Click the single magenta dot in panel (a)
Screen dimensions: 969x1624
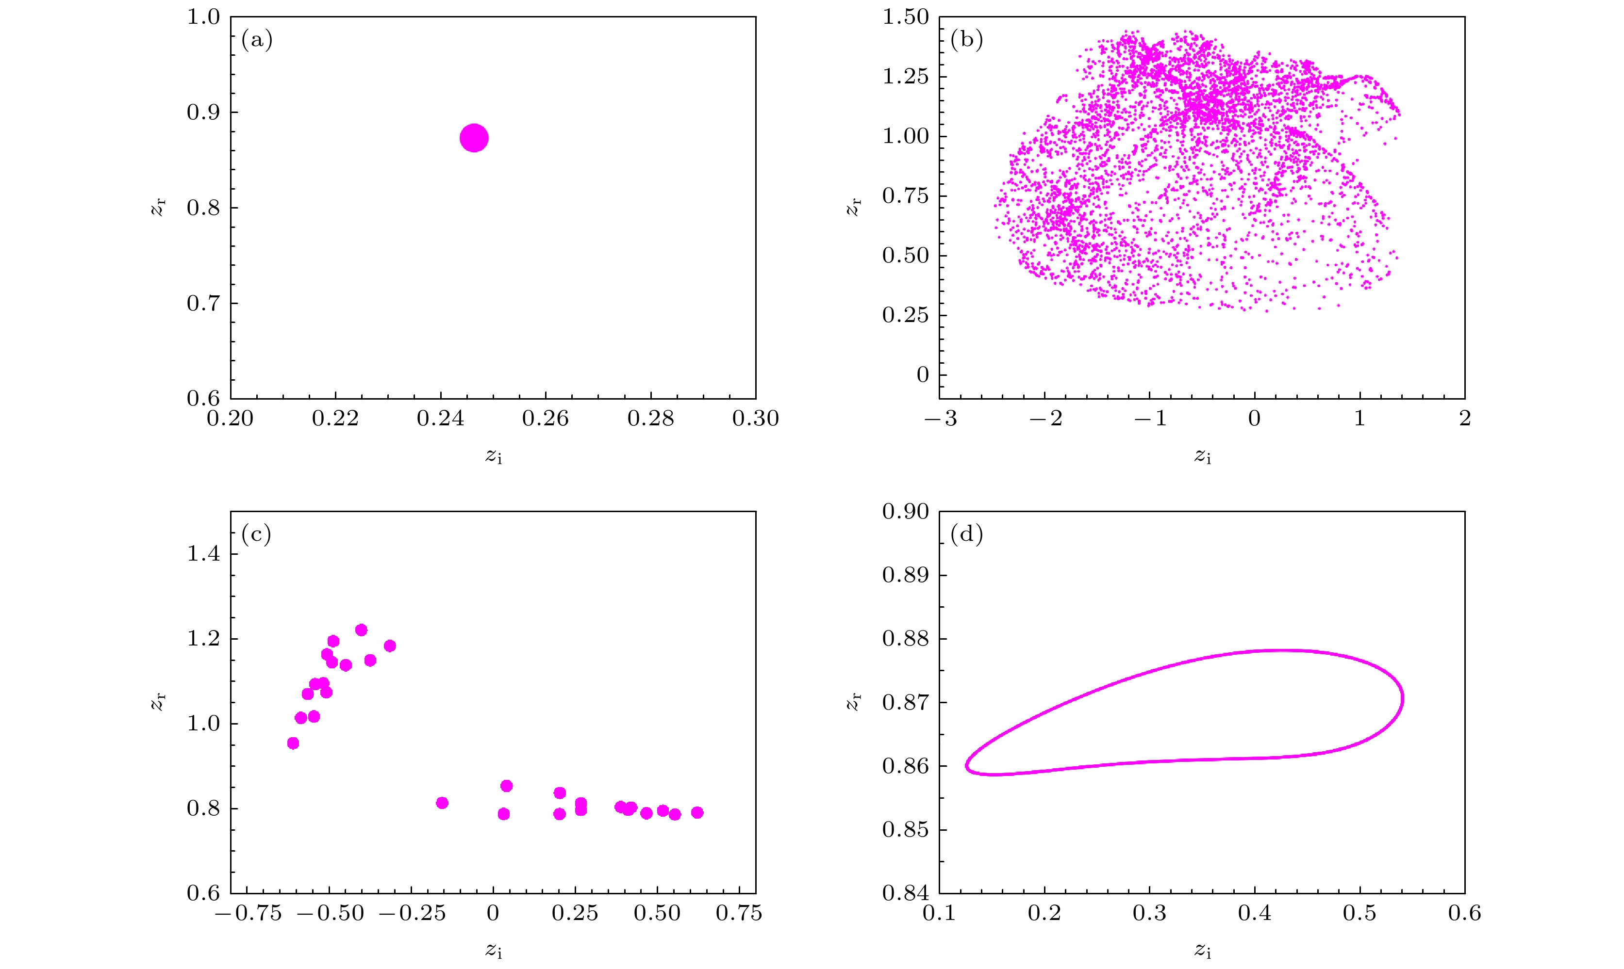pyautogui.click(x=474, y=138)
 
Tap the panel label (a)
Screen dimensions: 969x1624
pyautogui.click(x=257, y=40)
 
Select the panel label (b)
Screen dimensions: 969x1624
pyautogui.click(x=966, y=40)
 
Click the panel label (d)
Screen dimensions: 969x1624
pyautogui.click(x=966, y=535)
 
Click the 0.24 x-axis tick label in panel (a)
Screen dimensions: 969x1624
pyautogui.click(x=440, y=419)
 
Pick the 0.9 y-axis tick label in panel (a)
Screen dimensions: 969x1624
pyautogui.click(x=203, y=113)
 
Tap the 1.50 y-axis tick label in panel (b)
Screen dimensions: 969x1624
pyautogui.click(x=905, y=17)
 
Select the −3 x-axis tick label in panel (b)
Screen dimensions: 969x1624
pyautogui.click(x=941, y=419)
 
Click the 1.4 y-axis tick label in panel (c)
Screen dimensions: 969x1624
pyautogui.click(x=203, y=554)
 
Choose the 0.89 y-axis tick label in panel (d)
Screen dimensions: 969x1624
pyautogui.click(x=905, y=575)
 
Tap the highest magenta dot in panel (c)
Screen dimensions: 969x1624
pyautogui.click(x=361, y=630)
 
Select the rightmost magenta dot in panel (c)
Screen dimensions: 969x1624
pyautogui.click(x=697, y=812)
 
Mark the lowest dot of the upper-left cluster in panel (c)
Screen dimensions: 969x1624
pyautogui.click(x=293, y=743)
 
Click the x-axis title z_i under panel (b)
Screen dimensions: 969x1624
pyautogui.click(x=1203, y=456)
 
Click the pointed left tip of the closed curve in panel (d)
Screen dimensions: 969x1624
pyautogui.click(x=967, y=765)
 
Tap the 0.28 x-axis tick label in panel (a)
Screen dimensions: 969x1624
pyautogui.click(x=651, y=419)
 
